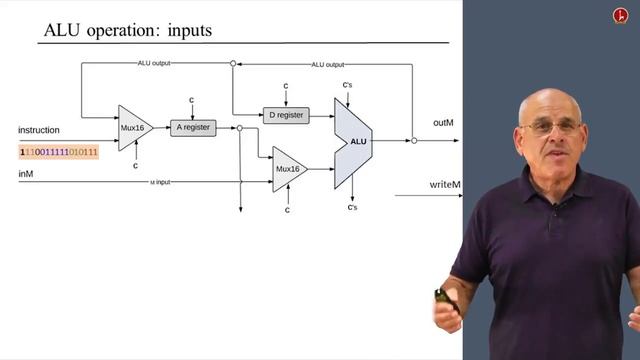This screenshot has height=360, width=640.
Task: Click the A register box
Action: [193, 128]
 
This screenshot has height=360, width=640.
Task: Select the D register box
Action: [286, 115]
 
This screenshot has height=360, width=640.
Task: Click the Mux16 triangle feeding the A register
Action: [133, 127]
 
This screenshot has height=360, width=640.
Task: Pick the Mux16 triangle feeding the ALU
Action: [288, 169]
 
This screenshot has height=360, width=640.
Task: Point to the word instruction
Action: [39, 130]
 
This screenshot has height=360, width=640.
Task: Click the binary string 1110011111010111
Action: [59, 151]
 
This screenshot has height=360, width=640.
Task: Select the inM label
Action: [27, 174]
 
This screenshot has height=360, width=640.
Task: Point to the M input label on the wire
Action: [160, 182]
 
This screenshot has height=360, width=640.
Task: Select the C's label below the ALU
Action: [352, 207]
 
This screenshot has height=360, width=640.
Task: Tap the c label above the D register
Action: [286, 86]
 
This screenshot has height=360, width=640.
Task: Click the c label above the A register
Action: [193, 100]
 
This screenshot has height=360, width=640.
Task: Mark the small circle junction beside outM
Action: [414, 141]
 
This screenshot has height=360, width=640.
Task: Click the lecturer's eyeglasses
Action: [548, 128]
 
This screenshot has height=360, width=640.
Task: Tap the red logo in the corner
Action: [620, 16]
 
